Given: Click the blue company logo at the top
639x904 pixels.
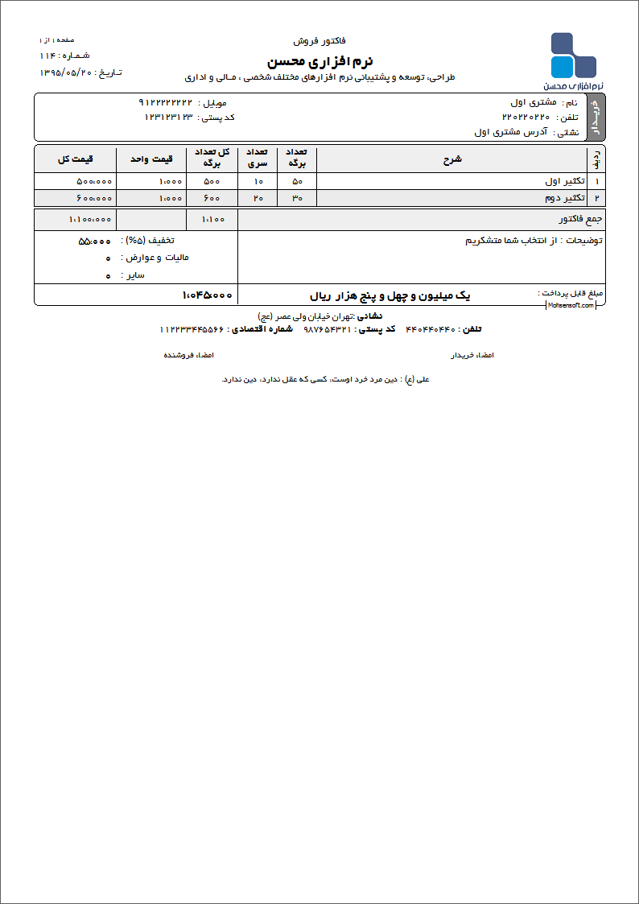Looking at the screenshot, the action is pos(573,56).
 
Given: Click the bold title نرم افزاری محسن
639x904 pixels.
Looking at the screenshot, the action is pos(319,61).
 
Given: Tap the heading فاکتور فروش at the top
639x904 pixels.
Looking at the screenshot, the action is pos(319,39).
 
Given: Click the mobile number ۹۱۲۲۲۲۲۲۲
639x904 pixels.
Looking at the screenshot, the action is pos(166,102).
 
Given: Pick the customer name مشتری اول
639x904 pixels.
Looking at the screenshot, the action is pos(534,102).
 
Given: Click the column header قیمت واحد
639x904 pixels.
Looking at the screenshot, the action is pos(151,159).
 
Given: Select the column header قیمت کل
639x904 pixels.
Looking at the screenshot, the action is pos(75,159).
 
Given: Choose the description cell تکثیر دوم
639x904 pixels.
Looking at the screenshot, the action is pos(563,197).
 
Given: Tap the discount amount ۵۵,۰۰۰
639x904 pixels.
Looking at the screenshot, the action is pos(94,241).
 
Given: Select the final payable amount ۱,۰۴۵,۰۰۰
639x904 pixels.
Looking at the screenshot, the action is pos(208,295).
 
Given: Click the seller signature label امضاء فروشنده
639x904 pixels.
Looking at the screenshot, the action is pos(189,354).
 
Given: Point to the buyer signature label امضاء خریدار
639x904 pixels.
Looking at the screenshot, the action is pos(472,354).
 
